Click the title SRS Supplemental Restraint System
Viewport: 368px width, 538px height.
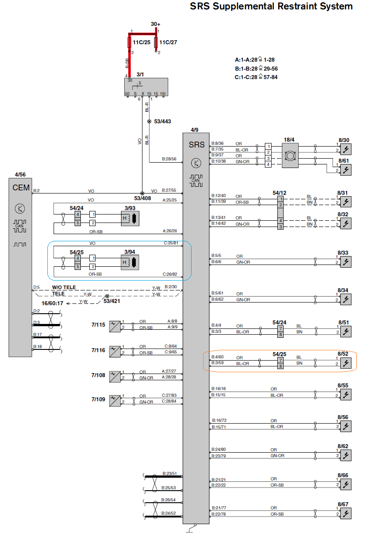(271, 6)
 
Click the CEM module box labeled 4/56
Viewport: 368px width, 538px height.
(21, 266)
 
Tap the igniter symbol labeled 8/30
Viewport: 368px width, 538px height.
(346, 148)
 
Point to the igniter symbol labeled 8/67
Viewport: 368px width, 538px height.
(346, 513)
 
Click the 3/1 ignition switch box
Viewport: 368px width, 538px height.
(146, 87)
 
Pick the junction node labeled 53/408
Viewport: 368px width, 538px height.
(142, 193)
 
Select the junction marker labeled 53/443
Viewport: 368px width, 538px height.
(149, 121)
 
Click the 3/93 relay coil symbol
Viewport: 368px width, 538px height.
(130, 218)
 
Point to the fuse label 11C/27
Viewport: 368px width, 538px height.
(168, 42)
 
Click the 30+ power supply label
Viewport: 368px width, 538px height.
(155, 24)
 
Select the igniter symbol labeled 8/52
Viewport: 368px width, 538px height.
(346, 362)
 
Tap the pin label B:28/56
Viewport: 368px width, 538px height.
(169, 159)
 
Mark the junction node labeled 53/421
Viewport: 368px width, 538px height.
(107, 297)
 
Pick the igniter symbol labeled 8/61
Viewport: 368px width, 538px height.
(346, 169)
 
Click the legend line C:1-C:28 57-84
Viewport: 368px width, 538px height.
(256, 77)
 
